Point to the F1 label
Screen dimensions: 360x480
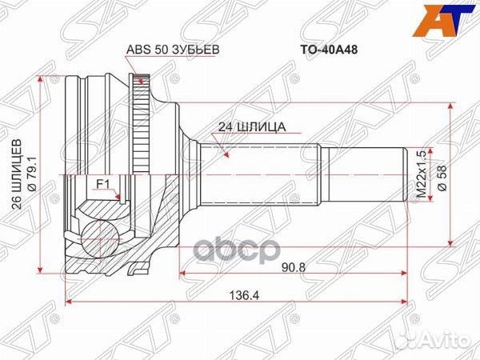click(102, 184)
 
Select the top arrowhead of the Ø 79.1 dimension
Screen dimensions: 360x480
click(40, 78)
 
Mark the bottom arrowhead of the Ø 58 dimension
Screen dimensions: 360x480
click(453, 239)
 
